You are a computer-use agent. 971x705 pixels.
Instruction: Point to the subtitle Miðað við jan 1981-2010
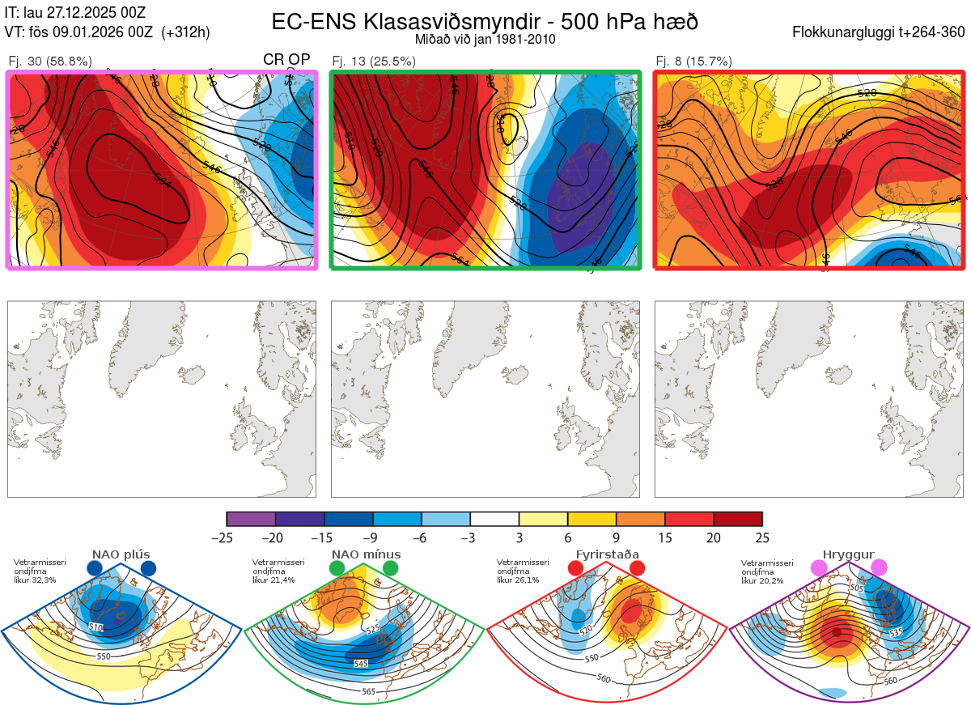click(x=485, y=39)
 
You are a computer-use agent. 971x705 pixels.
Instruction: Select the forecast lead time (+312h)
click(x=186, y=32)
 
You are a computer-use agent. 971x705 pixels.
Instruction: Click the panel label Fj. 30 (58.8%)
click(x=49, y=61)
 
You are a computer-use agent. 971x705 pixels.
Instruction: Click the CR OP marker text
click(x=286, y=61)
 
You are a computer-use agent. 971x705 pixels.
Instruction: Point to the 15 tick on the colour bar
click(x=664, y=537)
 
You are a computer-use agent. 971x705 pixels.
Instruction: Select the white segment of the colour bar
click(x=494, y=519)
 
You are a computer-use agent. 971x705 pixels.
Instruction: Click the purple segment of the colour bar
click(x=251, y=519)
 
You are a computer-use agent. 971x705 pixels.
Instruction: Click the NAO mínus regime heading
click(x=366, y=554)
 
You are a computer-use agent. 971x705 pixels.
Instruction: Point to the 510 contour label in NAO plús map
click(x=96, y=627)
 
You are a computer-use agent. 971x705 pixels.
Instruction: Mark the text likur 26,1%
click(x=515, y=580)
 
